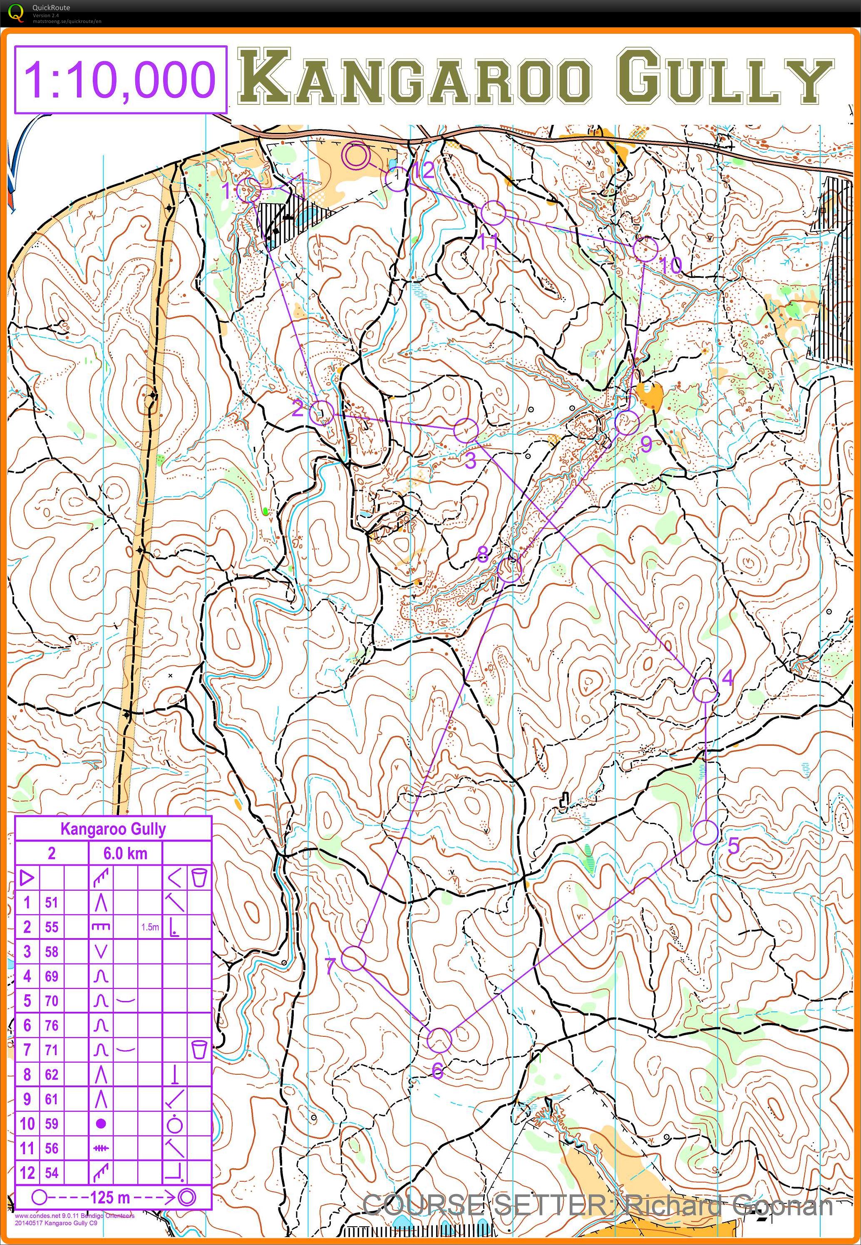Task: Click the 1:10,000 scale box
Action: [120, 80]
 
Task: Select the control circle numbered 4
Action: [705, 690]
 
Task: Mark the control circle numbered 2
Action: [322, 413]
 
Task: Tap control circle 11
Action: [493, 213]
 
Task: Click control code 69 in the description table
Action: [51, 976]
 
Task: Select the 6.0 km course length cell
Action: [125, 853]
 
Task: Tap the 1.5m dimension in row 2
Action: [150, 927]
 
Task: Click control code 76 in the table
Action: [51, 1026]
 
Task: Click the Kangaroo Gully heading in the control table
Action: [113, 829]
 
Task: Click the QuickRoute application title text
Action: [51, 7]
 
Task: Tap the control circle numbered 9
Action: [626, 423]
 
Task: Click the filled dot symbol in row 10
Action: [100, 1124]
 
